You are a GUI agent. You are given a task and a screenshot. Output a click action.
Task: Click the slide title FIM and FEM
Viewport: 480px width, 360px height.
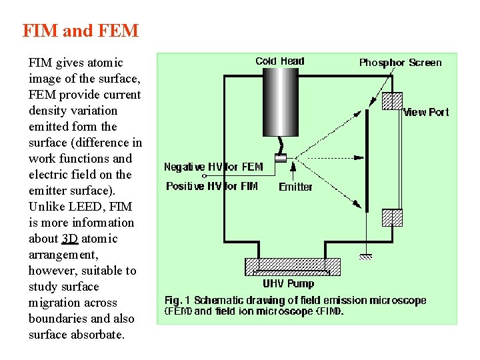[81, 31]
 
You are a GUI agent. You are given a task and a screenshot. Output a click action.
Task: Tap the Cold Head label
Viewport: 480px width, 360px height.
[279, 61]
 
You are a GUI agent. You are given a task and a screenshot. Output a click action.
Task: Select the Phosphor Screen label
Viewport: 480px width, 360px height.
[400, 63]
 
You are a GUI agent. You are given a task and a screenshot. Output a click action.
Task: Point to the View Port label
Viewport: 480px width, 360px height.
[426, 112]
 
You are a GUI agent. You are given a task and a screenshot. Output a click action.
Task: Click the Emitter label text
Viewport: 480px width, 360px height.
[295, 187]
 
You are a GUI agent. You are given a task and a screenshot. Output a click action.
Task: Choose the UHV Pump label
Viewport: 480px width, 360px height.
[289, 284]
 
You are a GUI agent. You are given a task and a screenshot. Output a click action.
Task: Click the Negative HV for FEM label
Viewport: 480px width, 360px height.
[213, 167]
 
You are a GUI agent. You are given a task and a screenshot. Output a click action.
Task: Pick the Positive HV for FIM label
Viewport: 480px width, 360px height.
[212, 186]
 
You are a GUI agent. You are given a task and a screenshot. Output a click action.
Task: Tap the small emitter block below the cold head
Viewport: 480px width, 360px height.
[281, 158]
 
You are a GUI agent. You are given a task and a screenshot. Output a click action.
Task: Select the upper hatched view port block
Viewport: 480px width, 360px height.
[392, 101]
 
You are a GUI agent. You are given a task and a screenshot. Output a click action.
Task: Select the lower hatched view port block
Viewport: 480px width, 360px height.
[392, 218]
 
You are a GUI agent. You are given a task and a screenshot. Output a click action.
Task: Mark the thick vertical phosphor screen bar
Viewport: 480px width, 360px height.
[367, 160]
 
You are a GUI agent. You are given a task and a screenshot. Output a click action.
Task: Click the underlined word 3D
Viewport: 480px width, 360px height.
[70, 239]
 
